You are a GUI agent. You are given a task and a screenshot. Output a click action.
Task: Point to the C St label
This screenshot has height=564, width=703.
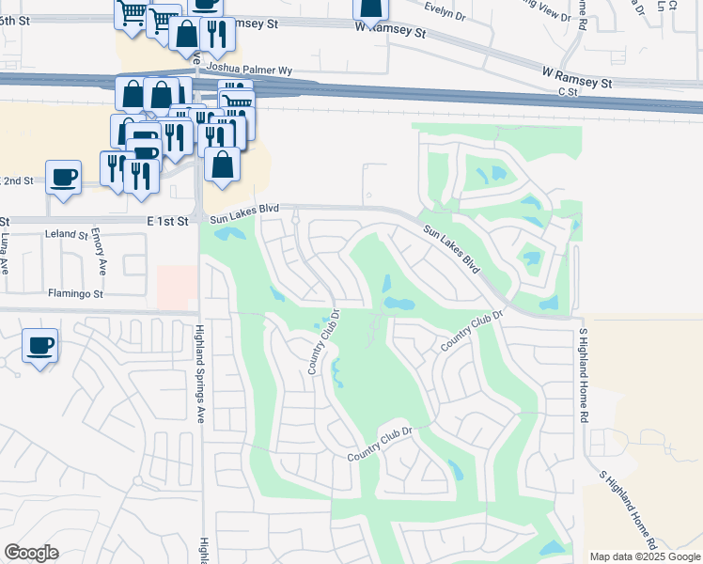pos(568,92)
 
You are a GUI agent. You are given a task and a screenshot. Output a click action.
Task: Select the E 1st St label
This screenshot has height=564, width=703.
pos(170,220)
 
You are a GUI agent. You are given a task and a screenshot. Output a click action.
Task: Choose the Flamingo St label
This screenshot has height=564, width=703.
pos(76,293)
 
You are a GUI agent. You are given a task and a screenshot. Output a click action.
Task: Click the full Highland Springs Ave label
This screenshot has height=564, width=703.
pos(200,374)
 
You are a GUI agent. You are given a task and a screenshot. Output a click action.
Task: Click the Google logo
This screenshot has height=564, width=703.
pos(31,552)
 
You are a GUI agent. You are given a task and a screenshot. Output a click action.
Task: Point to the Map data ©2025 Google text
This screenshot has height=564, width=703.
pos(644,556)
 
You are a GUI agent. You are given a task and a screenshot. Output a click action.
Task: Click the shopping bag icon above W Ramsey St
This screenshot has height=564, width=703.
pos(370,8)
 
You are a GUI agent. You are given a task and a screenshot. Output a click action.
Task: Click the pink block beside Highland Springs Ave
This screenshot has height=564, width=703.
pos(177,286)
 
